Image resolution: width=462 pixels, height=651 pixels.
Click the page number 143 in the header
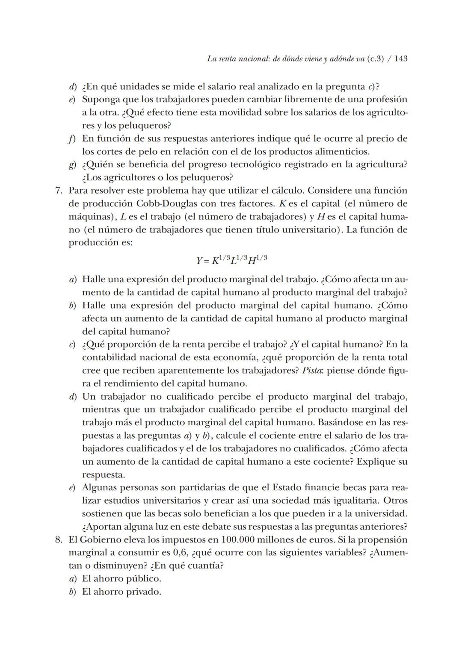pyautogui.click(x=401, y=59)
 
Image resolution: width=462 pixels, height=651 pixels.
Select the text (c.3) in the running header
pyautogui.click(x=375, y=59)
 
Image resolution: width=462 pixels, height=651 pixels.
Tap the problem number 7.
pyautogui.click(x=59, y=191)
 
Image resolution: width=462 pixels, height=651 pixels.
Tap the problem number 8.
pyautogui.click(x=59, y=540)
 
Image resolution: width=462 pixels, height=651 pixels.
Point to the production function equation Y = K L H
pyautogui.click(x=232, y=259)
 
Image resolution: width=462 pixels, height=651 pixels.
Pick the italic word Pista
pyautogui.click(x=312, y=371)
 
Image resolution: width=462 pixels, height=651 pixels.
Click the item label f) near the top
pyautogui.click(x=72, y=139)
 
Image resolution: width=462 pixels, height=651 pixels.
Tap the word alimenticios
pyautogui.click(x=342, y=152)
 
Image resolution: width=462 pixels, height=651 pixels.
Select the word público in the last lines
pyautogui.click(x=143, y=579)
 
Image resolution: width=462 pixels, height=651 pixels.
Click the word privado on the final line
pyautogui.click(x=144, y=592)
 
